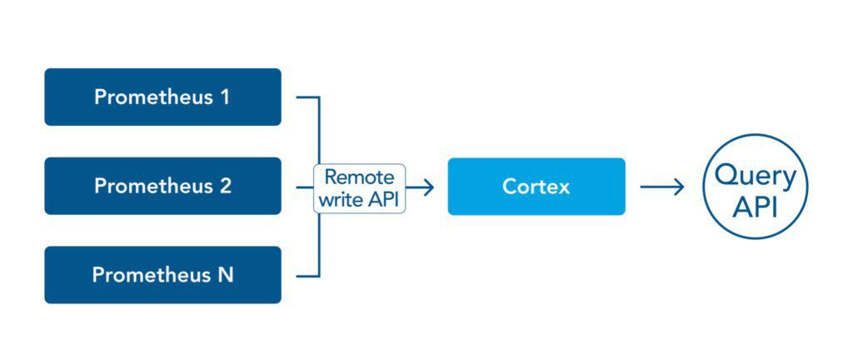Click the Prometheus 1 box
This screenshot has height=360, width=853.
(162, 97)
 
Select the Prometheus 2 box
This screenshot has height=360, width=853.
(162, 186)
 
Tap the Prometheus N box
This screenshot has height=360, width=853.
(162, 275)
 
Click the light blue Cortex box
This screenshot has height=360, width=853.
(536, 187)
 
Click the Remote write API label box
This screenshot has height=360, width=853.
(360, 188)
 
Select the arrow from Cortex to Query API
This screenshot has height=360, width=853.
(662, 187)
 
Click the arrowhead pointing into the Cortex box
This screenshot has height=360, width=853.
(428, 187)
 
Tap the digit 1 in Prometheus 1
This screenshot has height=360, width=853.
(224, 97)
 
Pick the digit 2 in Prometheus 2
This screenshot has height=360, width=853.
(225, 186)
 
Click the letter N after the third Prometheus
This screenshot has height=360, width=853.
(225, 275)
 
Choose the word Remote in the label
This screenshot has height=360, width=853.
(359, 177)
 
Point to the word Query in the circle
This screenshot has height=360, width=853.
(756, 175)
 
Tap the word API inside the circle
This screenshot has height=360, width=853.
(756, 206)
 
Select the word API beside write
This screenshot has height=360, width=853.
(382, 200)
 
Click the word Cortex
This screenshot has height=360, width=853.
(536, 187)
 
